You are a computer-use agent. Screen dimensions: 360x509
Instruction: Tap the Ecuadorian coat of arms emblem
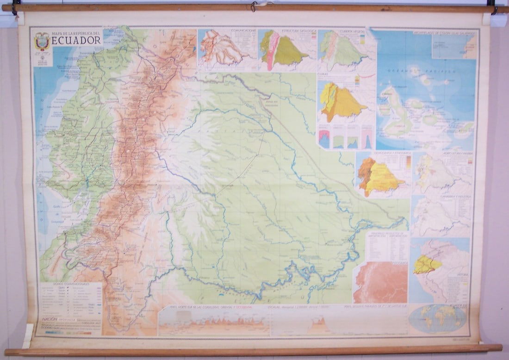point(42,42)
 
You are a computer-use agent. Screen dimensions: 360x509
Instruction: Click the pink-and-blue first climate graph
point(324,139)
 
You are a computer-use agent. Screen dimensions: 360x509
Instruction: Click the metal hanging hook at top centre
point(254,6)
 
